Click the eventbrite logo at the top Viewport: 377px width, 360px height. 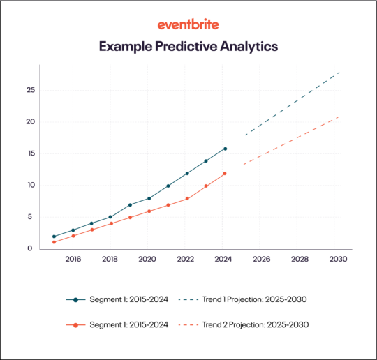pos(188,24)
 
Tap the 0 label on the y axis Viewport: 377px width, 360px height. pos(29,248)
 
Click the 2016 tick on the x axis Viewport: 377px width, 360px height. pos(72,260)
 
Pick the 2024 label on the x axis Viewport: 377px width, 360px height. pos(223,260)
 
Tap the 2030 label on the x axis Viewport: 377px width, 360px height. pos(337,260)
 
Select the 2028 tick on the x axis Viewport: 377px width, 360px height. pos(300,260)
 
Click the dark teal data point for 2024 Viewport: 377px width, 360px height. pos(224,149)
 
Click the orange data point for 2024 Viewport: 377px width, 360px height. pos(224,174)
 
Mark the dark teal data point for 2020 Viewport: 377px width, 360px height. pos(149,198)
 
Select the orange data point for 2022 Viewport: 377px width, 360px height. pos(186,199)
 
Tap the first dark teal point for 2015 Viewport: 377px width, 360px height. pos(54,237)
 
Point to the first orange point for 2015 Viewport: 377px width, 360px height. pos(54,242)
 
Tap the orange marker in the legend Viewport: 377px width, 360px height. pos(75,325)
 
